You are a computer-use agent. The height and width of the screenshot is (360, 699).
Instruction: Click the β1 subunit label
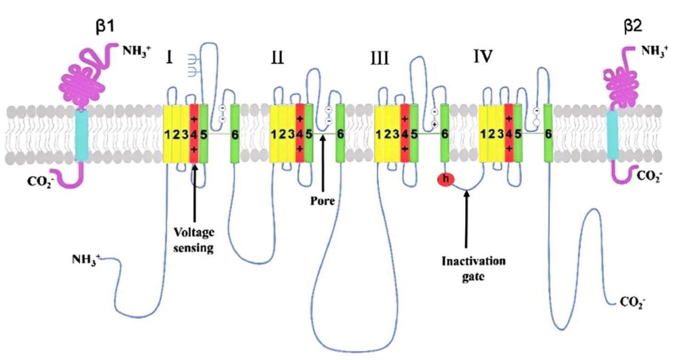tap(105, 26)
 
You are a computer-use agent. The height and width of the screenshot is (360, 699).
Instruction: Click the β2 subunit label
tap(633, 26)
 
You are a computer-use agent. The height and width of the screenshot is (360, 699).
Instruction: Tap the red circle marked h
tap(446, 179)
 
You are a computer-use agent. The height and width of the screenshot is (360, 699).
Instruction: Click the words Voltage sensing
tap(194, 240)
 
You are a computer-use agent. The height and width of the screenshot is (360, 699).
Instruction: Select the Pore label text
tap(323, 201)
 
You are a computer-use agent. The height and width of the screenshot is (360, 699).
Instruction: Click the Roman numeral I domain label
tap(169, 58)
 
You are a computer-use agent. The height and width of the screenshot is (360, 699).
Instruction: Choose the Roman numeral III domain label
tap(380, 59)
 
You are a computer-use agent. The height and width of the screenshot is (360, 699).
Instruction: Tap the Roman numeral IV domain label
tap(483, 57)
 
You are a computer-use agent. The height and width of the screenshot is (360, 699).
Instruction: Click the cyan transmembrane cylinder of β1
tap(81, 136)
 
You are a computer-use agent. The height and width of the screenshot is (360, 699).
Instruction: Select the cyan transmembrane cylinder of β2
tap(612, 136)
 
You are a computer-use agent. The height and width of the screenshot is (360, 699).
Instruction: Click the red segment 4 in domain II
tap(300, 133)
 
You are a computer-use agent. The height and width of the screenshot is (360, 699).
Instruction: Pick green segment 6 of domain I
tap(235, 133)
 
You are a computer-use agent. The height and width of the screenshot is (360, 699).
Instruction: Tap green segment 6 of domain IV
tap(548, 133)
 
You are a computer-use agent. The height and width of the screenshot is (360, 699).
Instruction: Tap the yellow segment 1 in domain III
tap(379, 133)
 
